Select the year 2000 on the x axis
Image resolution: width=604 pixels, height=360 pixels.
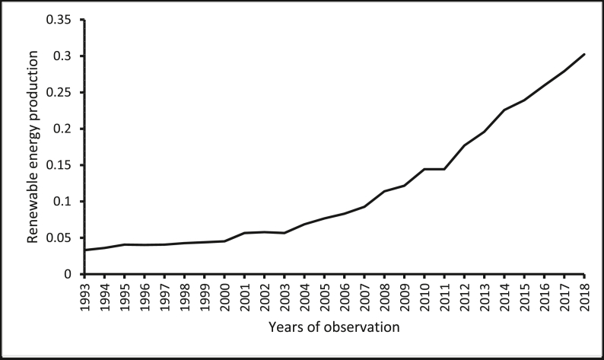pos(224,295)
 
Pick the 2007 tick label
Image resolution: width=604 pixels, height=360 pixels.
pos(364,295)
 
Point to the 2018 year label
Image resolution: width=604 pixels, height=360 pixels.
pos(584,295)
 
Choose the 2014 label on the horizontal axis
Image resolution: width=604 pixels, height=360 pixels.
pos(504,295)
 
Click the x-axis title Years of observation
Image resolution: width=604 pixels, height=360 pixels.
pos(334,328)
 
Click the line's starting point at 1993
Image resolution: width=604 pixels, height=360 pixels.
pos(84,250)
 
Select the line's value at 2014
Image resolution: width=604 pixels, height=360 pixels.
pos(504,110)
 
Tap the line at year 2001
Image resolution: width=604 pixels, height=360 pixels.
pos(244,233)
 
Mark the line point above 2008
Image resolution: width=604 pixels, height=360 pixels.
pos(384,191)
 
